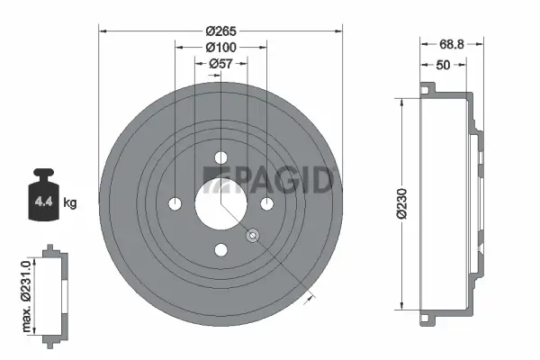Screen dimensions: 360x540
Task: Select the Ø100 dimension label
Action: [x=221, y=47]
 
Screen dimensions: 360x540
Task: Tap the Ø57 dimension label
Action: [x=221, y=63]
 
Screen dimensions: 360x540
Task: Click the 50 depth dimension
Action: [x=443, y=66]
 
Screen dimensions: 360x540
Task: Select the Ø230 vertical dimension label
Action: [x=401, y=202]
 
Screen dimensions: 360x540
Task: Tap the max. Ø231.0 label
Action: [x=28, y=292]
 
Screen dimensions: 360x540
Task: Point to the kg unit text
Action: [x=70, y=203]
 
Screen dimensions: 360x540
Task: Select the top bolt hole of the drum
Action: [x=221, y=157]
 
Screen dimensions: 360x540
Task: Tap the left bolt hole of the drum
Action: [x=175, y=202]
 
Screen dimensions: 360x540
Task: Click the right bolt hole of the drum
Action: [x=267, y=203]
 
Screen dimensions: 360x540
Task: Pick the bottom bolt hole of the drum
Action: [x=221, y=250]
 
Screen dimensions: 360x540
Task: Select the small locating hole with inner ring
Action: [x=253, y=236]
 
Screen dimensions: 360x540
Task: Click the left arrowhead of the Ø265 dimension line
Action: [x=103, y=31]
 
